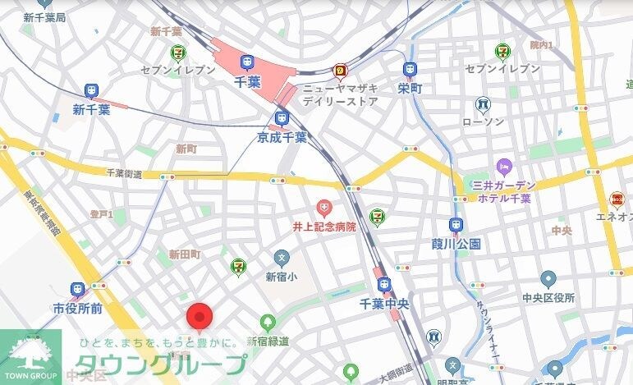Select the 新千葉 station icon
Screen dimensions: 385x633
click(91, 92)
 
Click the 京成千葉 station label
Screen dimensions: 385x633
click(281, 137)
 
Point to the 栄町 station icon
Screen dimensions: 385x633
click(409, 71)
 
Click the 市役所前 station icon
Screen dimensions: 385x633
click(78, 290)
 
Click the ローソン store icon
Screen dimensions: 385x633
click(483, 104)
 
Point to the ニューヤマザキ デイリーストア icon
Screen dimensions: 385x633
click(338, 71)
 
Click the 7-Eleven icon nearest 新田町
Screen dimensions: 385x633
click(237, 264)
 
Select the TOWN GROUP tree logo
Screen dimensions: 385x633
click(30, 354)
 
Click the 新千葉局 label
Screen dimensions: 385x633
click(44, 17)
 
